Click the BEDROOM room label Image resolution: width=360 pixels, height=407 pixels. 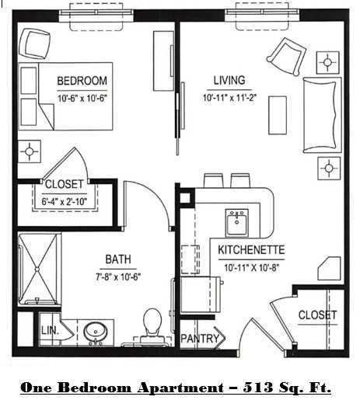click(x=82, y=81)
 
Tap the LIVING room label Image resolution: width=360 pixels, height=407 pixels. click(x=229, y=80)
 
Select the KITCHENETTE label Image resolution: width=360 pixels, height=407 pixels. click(x=251, y=250)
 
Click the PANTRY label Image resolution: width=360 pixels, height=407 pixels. click(x=199, y=339)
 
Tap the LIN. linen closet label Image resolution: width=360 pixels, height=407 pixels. click(x=48, y=332)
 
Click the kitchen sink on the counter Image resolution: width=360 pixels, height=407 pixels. click(x=236, y=222)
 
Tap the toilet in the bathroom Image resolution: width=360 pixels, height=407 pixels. click(x=152, y=325)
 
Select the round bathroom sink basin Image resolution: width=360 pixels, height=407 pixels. click(x=97, y=331)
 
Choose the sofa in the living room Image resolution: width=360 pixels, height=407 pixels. click(x=317, y=115)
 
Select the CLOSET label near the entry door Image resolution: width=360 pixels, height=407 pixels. click(x=317, y=315)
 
